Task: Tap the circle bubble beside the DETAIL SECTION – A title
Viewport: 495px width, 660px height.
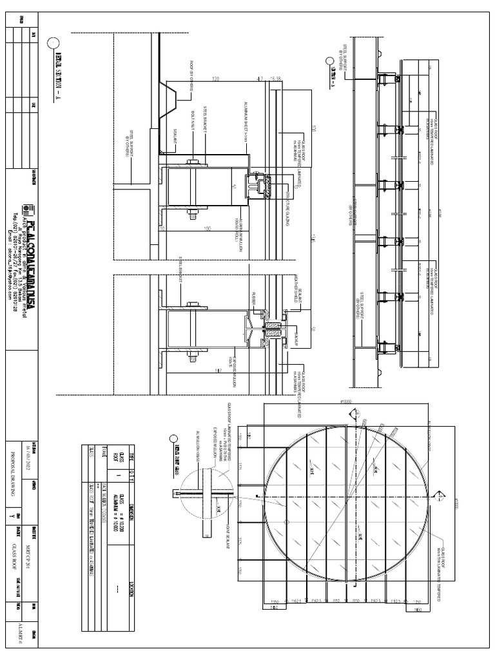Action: [x=52, y=43]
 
